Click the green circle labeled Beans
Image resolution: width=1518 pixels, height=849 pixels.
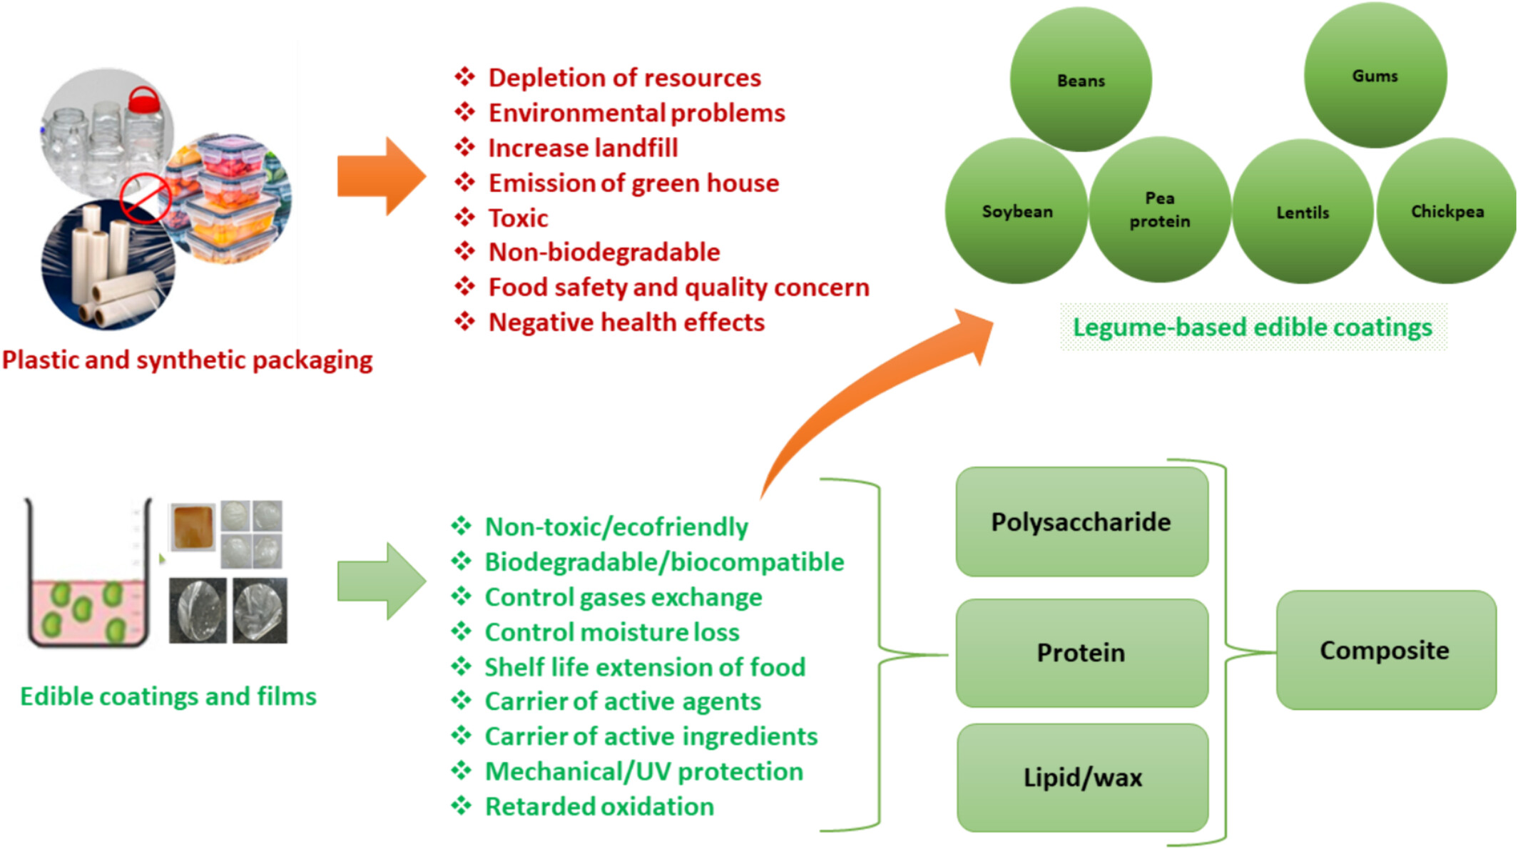(x=1081, y=79)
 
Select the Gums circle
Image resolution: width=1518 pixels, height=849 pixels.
(x=1375, y=75)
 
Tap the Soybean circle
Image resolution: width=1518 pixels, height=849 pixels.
(x=1017, y=211)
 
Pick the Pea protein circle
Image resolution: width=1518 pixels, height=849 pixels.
(x=1160, y=210)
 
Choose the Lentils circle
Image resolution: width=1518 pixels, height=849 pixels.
(x=1303, y=212)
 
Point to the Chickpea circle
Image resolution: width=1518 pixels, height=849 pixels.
(x=1447, y=211)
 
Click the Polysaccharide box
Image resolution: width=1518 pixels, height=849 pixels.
(x=1082, y=522)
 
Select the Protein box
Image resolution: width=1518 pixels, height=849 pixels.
(x=1082, y=653)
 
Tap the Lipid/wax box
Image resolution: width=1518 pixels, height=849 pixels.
(x=1083, y=778)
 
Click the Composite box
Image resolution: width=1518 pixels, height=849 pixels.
(x=1386, y=650)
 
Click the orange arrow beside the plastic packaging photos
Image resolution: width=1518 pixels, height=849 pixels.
(x=382, y=176)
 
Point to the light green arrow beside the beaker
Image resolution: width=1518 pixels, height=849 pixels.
(x=382, y=581)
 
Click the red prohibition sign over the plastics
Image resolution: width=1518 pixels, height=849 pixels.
(x=146, y=199)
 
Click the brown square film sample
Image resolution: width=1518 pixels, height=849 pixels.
(x=193, y=527)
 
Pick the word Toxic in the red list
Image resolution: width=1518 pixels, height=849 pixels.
(x=518, y=218)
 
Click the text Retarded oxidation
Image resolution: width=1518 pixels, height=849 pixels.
(x=599, y=806)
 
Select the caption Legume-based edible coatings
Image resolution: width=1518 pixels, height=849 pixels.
(x=1253, y=327)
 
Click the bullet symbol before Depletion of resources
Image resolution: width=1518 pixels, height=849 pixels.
(x=465, y=76)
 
